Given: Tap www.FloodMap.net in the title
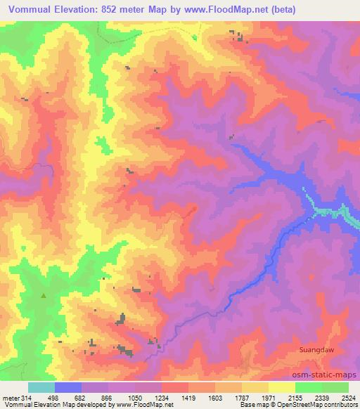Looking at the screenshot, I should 217,9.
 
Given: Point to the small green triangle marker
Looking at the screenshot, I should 44,296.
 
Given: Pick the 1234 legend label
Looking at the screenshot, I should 162,397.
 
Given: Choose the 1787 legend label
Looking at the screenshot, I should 242,397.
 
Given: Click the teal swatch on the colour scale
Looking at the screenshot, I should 41,387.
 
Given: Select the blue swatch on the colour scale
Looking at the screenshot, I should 68,387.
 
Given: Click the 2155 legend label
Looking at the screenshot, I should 295,397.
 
